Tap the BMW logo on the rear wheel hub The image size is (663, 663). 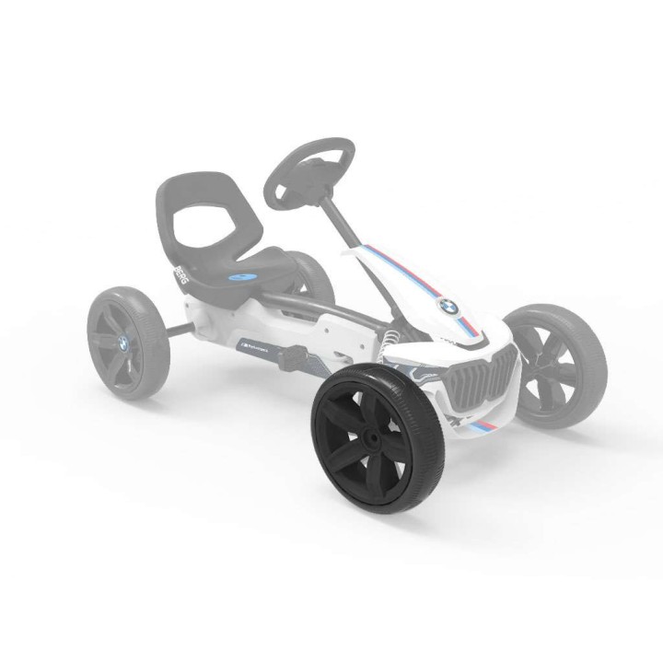point(123,343)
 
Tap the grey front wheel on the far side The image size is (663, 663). point(557,363)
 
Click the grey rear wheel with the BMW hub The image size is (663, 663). point(126,341)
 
